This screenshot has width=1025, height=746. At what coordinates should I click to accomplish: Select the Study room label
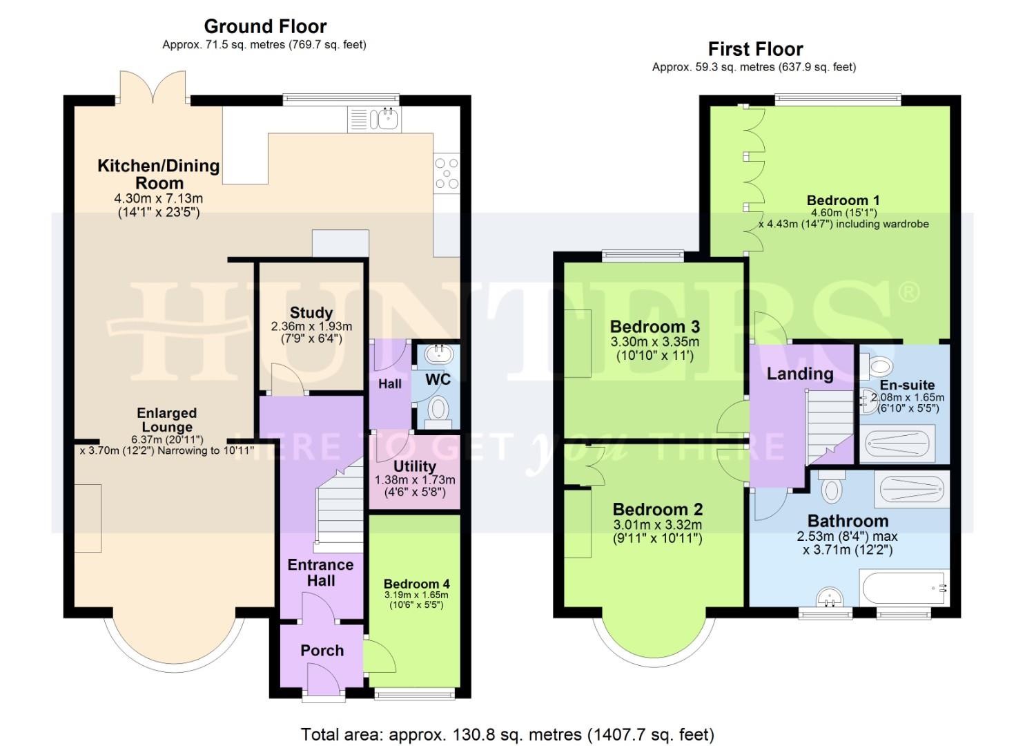pos(311,313)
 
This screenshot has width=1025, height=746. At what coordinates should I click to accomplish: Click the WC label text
pos(438,379)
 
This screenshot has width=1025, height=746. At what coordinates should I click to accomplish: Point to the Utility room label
pos(414,466)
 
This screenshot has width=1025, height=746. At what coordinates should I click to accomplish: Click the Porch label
pos(322,651)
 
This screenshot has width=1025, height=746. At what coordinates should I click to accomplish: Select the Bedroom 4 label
pos(416,584)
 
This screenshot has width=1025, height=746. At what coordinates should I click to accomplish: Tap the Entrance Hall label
pos(320,573)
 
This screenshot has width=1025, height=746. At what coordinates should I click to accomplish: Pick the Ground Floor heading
pos(265,26)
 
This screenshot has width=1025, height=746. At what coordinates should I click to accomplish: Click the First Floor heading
pos(755,49)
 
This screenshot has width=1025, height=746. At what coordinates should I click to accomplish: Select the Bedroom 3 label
pos(654,327)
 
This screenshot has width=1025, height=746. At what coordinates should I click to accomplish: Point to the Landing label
pos(800,374)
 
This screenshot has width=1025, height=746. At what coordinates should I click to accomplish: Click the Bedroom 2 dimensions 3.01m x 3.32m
pos(657,525)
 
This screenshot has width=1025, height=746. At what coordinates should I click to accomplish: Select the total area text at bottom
pos(507,734)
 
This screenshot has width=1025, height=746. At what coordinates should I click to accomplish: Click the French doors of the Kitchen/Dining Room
pos(153,87)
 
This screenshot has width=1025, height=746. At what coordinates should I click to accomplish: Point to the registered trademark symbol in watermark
pos(909,292)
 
